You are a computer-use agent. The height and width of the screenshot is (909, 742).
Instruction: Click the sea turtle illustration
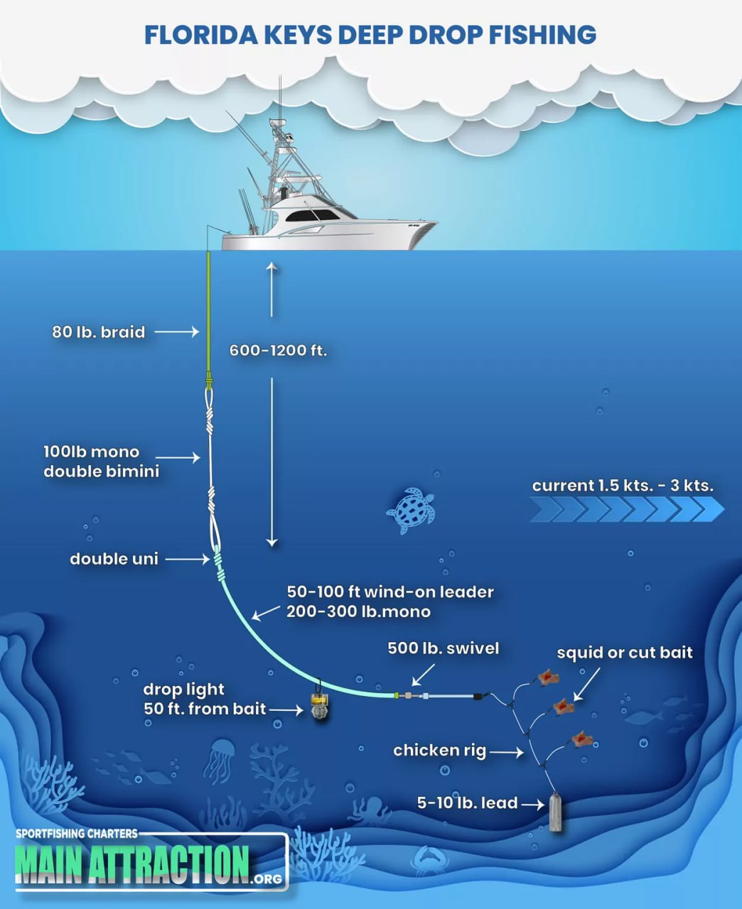click(412, 510)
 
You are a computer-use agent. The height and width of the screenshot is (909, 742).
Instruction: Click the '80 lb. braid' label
click(99, 332)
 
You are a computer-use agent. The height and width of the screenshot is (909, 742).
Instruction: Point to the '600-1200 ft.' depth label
click(278, 350)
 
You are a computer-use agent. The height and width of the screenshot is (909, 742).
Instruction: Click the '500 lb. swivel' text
click(443, 648)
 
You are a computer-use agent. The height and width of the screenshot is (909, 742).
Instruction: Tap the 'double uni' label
click(114, 559)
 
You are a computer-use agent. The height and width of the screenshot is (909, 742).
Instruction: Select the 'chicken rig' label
click(439, 750)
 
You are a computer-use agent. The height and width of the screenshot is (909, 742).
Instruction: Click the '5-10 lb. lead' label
click(467, 803)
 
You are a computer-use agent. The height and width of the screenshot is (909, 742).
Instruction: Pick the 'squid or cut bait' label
click(624, 653)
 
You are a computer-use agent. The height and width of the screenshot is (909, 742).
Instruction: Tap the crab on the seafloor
click(429, 860)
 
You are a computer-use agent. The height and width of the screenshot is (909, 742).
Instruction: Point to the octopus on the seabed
click(370, 810)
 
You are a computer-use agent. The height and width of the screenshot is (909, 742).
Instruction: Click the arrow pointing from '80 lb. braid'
click(176, 332)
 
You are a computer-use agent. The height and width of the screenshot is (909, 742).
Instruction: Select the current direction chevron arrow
click(625, 509)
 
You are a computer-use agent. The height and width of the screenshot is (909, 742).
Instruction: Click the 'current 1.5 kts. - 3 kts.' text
click(623, 486)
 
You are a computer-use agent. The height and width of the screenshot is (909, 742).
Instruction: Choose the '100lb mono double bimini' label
click(101, 462)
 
